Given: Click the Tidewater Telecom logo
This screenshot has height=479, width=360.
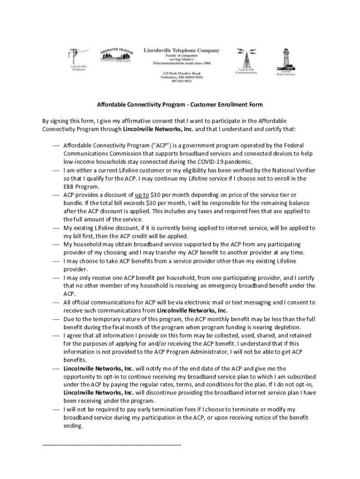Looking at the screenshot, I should pos(116,57).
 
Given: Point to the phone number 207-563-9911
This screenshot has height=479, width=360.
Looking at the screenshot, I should pos(181,81).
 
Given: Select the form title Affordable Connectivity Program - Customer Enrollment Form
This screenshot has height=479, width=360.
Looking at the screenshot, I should pos(180,104).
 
